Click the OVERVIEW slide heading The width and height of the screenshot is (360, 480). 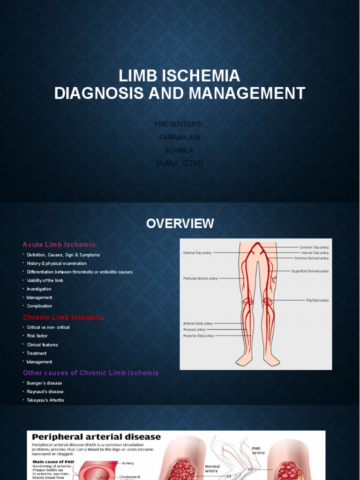[x=180, y=224]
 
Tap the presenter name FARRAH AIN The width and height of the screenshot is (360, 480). [x=180, y=137]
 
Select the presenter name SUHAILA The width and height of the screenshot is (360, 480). [x=180, y=150]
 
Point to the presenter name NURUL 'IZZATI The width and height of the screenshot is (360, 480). [x=180, y=163]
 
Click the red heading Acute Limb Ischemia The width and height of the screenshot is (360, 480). [x=59, y=245]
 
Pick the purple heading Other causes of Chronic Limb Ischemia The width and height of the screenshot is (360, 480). [x=91, y=373]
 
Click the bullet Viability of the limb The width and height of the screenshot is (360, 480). [x=45, y=280]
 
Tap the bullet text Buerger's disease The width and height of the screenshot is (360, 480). [x=45, y=383]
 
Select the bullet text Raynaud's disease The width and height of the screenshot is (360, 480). [x=45, y=391]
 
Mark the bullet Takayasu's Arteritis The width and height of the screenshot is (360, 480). [x=45, y=400]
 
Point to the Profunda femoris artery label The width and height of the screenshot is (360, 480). [x=200, y=278]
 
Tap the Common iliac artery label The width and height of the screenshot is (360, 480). [x=314, y=247]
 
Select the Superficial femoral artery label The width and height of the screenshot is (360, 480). [x=310, y=271]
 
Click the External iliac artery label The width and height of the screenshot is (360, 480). [x=197, y=253]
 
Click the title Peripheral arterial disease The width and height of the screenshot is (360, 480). [x=96, y=437]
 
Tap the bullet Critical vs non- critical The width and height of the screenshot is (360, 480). [x=48, y=327]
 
